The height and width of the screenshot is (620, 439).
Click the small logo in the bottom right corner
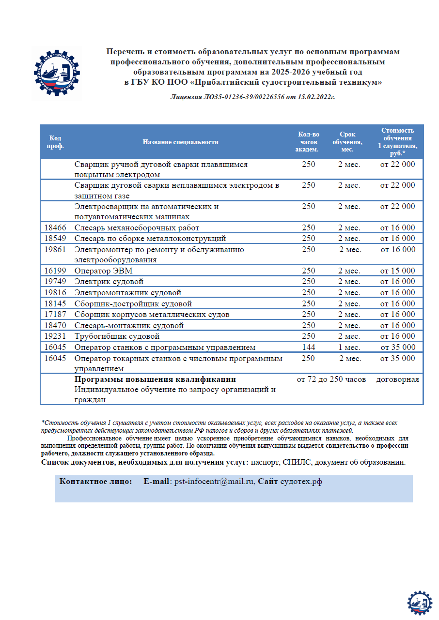coord(419,603)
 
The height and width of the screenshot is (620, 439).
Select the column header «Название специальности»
coord(180,142)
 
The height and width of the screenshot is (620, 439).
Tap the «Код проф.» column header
coord(55,142)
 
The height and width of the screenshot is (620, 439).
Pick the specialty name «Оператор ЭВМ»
coord(103,271)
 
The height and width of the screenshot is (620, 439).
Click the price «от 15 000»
coord(397,271)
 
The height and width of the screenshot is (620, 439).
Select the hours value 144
coord(308,347)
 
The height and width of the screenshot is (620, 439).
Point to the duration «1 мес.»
coord(349,347)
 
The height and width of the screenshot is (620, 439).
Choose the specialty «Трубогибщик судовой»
coord(117,336)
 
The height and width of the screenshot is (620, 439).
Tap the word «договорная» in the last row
coord(397,379)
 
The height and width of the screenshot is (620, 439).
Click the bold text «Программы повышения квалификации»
coord(155,379)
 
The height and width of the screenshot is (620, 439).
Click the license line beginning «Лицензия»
coord(252,97)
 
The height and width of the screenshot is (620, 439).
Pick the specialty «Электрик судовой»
coord(109,281)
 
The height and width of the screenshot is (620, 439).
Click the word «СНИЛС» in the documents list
coord(297,462)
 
